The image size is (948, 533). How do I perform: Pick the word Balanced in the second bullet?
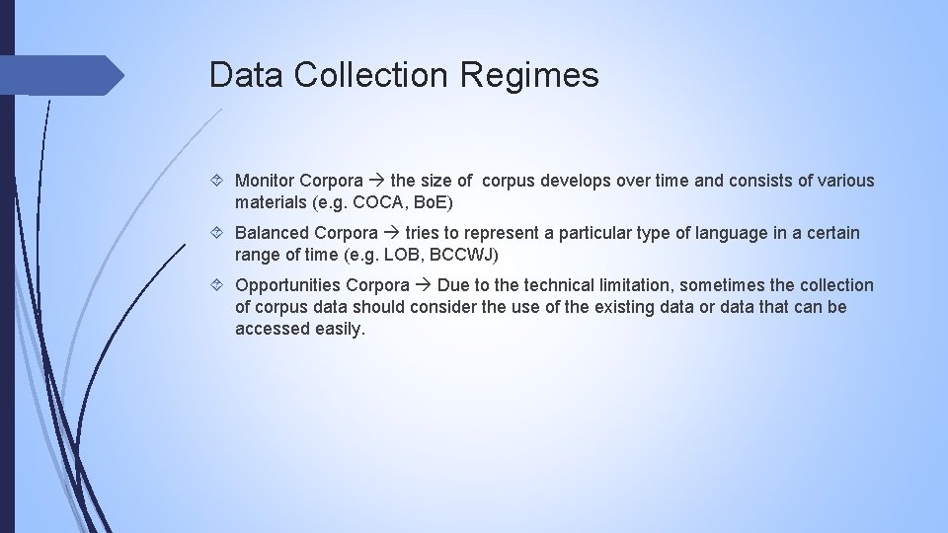coord(272,233)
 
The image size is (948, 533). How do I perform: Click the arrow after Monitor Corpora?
coord(376,182)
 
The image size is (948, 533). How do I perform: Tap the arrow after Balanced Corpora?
coord(391,234)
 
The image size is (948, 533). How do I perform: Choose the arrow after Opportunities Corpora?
coord(423,286)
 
